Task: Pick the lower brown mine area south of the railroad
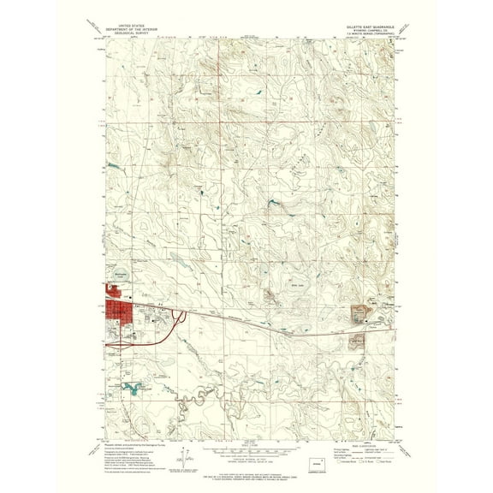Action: [357, 339]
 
